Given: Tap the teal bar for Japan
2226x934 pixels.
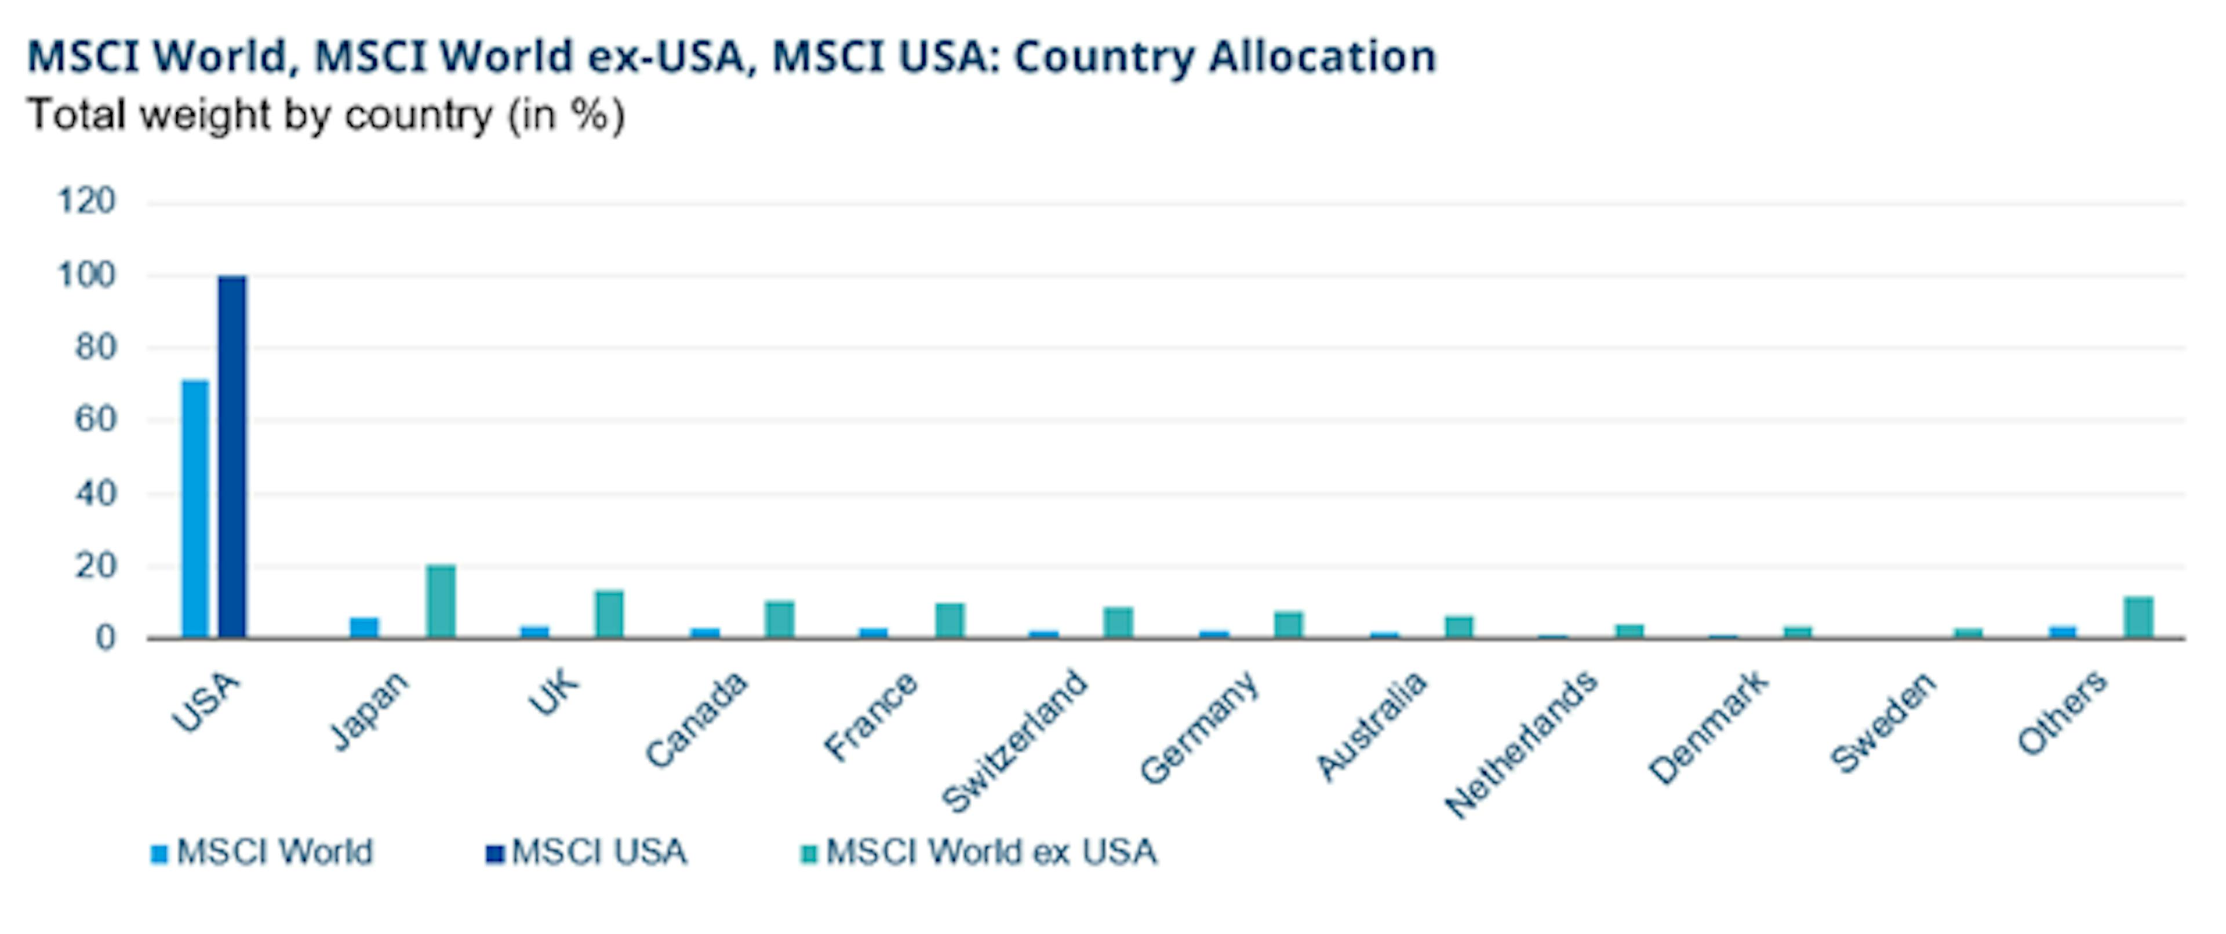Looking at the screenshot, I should click(441, 601).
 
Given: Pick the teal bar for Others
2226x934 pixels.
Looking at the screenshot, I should click(2138, 617).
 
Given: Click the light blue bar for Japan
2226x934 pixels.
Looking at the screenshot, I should click(364, 628).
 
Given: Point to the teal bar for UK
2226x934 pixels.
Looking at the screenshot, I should click(609, 614).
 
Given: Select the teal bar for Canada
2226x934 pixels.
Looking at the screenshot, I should click(780, 619).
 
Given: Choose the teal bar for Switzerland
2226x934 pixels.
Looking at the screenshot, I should click(1118, 623).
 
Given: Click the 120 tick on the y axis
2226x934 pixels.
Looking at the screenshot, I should click(86, 202).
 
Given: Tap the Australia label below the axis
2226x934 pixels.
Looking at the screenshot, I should click(1372, 726).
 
